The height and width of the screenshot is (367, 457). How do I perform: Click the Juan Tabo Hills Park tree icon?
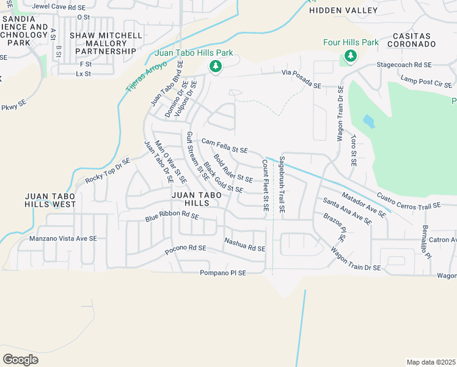pos(215,67)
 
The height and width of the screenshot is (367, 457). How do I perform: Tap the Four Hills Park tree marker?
pos(350,57)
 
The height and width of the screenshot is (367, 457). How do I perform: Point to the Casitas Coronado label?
pos(411,40)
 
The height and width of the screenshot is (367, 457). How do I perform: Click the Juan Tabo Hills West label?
pos(50,200)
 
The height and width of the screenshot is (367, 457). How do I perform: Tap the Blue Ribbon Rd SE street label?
pos(172,217)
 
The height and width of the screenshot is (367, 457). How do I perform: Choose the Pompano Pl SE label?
pos(222,273)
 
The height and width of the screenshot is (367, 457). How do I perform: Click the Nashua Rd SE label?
pos(244,245)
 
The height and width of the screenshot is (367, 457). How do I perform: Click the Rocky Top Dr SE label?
pos(108,171)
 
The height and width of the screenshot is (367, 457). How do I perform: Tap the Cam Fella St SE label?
pos(224,146)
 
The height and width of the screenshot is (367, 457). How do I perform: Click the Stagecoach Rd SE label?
pos(404,64)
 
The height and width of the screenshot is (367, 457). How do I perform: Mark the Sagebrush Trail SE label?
pos(281,185)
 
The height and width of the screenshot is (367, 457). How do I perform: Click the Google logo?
pos(20,359)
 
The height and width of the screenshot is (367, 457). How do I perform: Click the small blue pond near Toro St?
pos(368,121)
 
